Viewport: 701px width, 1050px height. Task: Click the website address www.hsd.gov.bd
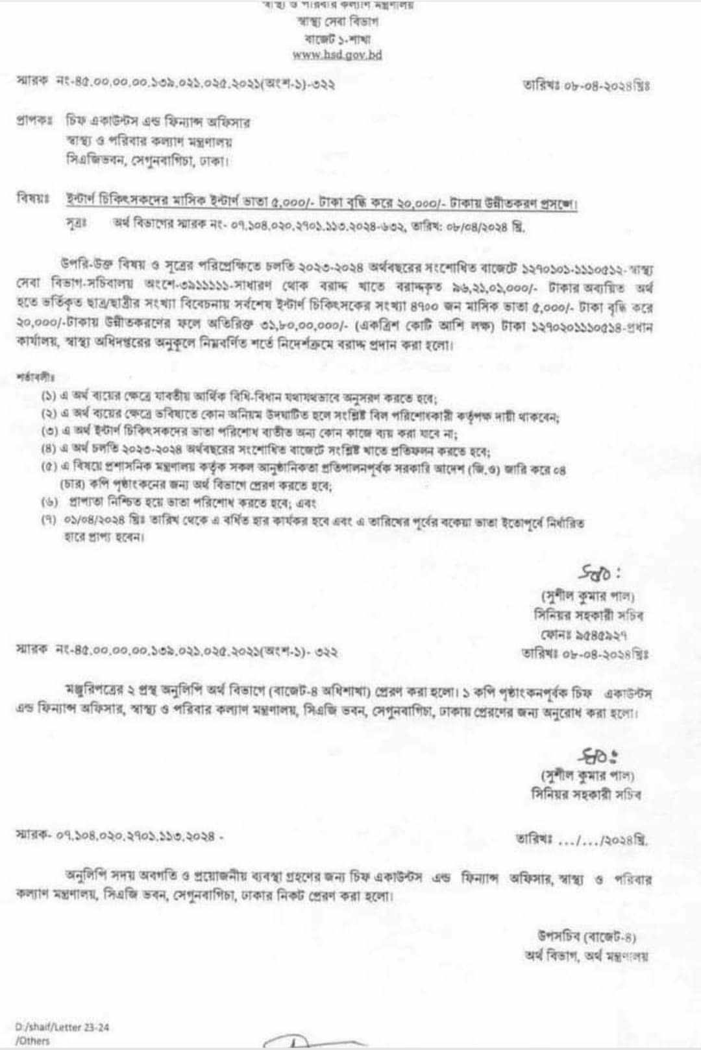click(x=337, y=55)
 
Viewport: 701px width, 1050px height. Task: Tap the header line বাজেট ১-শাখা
click(x=337, y=38)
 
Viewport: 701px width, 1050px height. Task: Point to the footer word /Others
click(x=32, y=1040)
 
